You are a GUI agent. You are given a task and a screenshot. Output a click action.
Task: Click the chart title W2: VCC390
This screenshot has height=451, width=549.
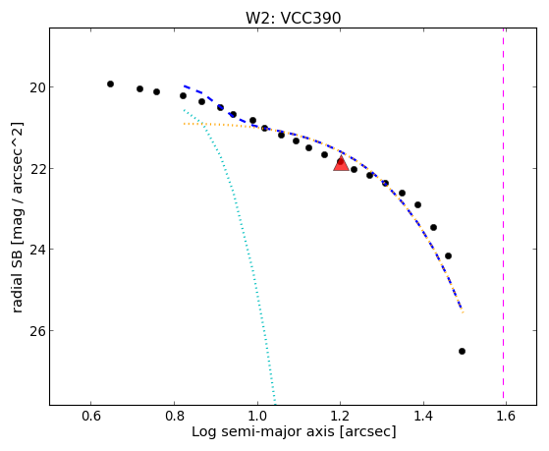[x=293, y=18]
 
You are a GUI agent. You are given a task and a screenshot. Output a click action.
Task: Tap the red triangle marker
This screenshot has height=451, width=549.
[x=341, y=164]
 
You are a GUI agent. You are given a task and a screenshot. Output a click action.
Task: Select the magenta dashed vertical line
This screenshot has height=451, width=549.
[x=504, y=216]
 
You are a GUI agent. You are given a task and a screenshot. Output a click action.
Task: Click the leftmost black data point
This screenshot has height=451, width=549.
[x=110, y=85]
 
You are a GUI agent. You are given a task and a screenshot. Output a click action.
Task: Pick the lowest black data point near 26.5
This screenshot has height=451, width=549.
[x=462, y=351]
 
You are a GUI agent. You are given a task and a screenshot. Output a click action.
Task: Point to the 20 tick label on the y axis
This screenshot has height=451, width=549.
[x=37, y=87]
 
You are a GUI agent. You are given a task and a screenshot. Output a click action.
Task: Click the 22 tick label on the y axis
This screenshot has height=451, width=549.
[x=37, y=169]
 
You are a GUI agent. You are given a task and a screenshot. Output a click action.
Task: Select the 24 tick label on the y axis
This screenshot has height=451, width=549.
[x=37, y=250]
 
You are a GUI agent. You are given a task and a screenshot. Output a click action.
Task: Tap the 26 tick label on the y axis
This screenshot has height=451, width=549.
[x=37, y=331]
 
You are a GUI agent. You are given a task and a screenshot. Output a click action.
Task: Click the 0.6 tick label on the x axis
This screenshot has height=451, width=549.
[x=91, y=416]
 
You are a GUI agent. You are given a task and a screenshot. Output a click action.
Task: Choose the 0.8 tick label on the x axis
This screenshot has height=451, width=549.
[x=175, y=416]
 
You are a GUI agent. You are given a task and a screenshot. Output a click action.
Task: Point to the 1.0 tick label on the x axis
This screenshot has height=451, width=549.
[x=257, y=416]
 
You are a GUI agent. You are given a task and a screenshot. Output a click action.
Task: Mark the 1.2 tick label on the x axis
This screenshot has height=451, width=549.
[x=341, y=416]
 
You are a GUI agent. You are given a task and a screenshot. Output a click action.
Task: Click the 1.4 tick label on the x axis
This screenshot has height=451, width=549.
[x=423, y=416]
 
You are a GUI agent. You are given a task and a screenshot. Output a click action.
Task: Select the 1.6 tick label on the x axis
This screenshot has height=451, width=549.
[x=507, y=416]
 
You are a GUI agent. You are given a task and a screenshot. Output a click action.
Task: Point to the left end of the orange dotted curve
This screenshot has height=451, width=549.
[x=184, y=124]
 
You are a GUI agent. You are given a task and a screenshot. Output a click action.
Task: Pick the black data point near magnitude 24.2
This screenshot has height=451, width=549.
[x=448, y=255]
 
